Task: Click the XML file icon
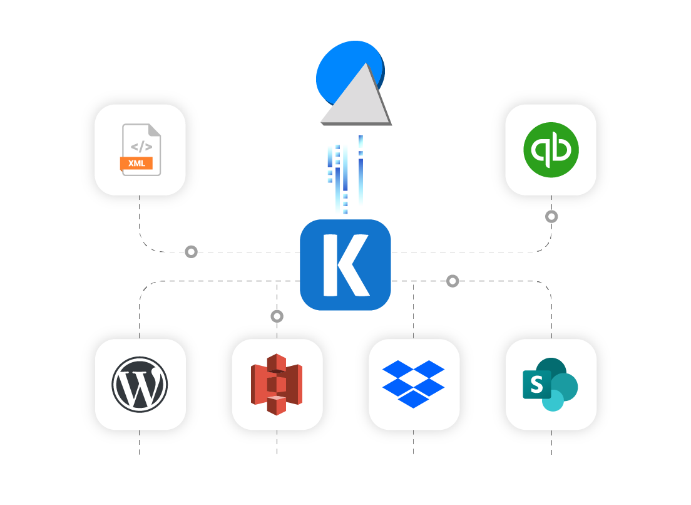pyautogui.click(x=140, y=150)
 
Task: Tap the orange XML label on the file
pyautogui.click(x=136, y=164)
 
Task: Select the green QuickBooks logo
pyautogui.click(x=551, y=150)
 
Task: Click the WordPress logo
pyautogui.click(x=140, y=384)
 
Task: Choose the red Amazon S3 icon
pyautogui.click(x=277, y=384)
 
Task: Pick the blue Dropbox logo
pyautogui.click(x=413, y=383)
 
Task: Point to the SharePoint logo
pyautogui.click(x=550, y=384)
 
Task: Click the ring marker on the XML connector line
pyautogui.click(x=192, y=252)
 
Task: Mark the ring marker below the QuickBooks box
pyautogui.click(x=551, y=217)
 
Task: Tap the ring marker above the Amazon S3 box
pyautogui.click(x=277, y=316)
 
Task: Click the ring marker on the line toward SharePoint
pyautogui.click(x=453, y=281)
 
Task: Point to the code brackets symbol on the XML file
pyautogui.click(x=141, y=147)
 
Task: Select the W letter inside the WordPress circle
pyautogui.click(x=140, y=385)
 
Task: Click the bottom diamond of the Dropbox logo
pyautogui.click(x=413, y=398)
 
